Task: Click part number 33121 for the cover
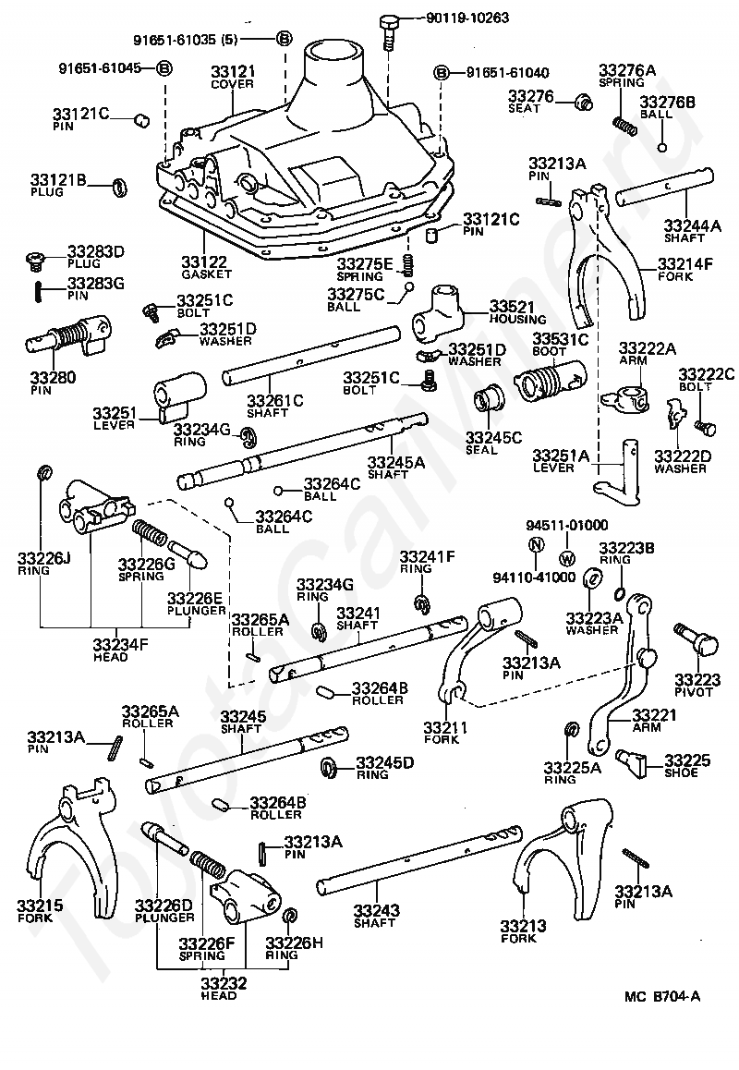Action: [x=233, y=72]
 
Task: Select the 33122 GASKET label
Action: [x=206, y=266]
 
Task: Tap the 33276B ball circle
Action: [x=662, y=148]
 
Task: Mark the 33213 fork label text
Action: [x=524, y=931]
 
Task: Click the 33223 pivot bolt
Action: [x=697, y=638]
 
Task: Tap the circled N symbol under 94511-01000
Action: [x=537, y=545]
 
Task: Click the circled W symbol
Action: [x=567, y=559]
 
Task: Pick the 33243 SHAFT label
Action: [x=377, y=916]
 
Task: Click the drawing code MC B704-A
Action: [x=662, y=996]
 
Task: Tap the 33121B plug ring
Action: [x=119, y=187]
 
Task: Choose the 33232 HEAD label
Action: [x=224, y=989]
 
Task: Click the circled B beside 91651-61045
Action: [x=164, y=68]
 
